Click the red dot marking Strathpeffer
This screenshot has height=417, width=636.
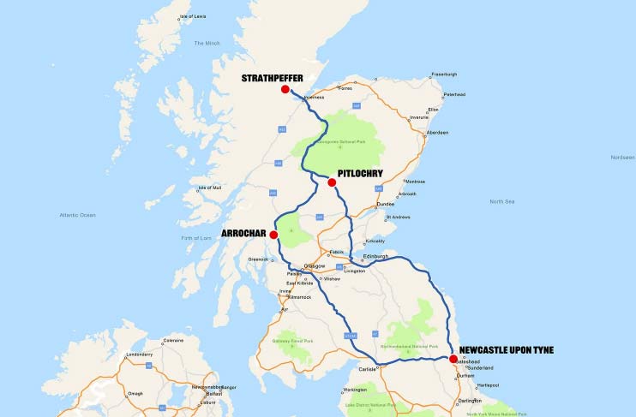tap(285, 89)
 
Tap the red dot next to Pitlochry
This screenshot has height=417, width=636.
tap(332, 182)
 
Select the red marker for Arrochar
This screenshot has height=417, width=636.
tap(273, 235)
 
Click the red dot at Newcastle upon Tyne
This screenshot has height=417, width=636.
tap(453, 359)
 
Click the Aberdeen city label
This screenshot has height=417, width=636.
tap(437, 133)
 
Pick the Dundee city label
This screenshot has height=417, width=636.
tap(386, 204)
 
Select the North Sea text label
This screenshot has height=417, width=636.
tap(501, 201)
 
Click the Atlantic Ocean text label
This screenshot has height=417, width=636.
tap(77, 215)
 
